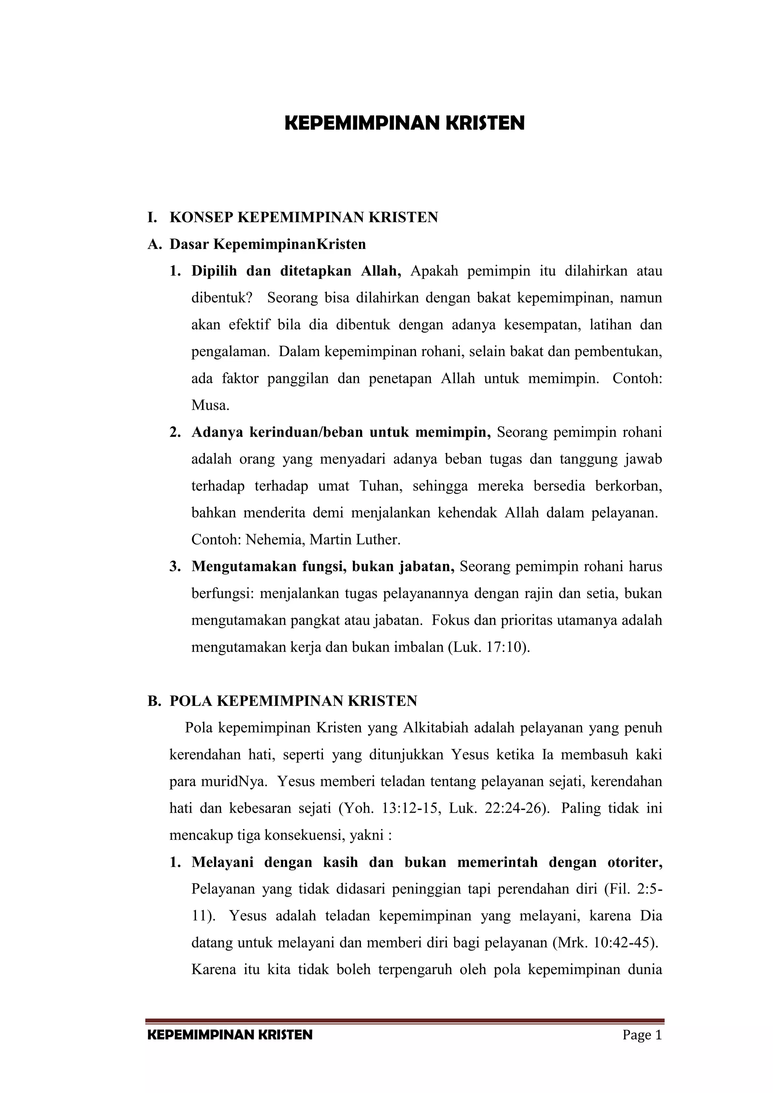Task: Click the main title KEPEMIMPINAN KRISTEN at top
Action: click(x=404, y=123)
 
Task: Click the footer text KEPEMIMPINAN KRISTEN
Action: click(x=230, y=1035)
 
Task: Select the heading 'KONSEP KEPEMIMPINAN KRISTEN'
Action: click(x=303, y=218)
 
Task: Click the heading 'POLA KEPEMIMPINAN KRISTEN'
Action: click(x=293, y=701)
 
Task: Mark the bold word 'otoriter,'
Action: click(x=635, y=862)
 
